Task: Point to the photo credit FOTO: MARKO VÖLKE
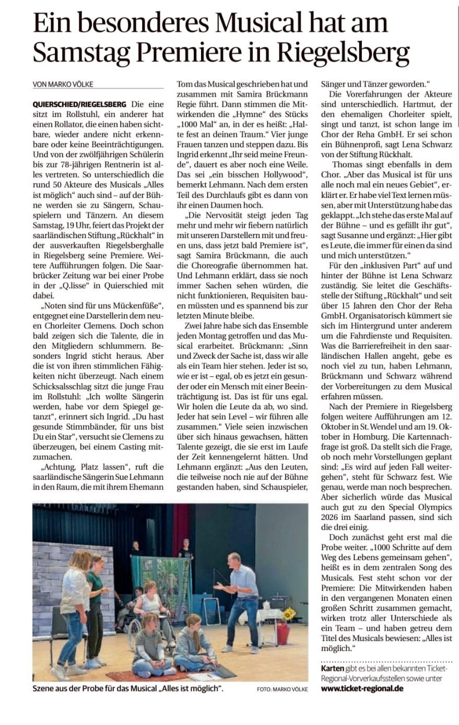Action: pyautogui.click(x=282, y=690)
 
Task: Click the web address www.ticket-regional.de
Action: pyautogui.click(x=362, y=688)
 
